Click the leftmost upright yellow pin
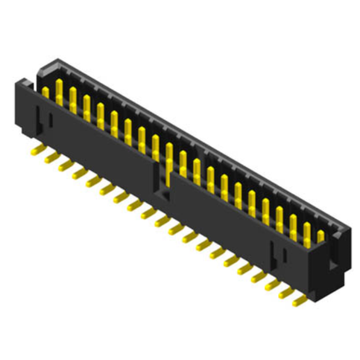(45, 92)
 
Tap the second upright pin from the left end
(59, 90)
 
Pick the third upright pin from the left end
(73, 97)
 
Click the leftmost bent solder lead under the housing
(37, 151)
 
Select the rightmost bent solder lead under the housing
(298, 300)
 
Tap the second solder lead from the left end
(51, 158)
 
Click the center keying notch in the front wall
(163, 184)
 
